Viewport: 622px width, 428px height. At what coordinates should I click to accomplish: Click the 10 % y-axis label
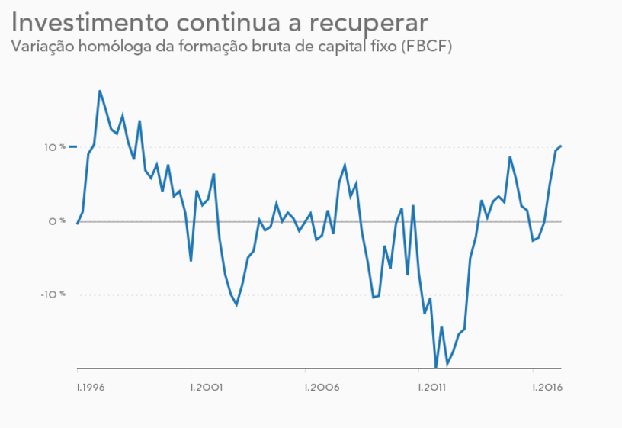tap(55, 147)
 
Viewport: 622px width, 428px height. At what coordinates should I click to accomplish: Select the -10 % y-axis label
tap(53, 294)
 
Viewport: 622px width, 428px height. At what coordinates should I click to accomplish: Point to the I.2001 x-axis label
tap(207, 388)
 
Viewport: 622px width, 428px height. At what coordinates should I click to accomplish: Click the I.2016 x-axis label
tap(547, 388)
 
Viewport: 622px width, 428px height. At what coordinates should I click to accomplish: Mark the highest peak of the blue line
tap(100, 91)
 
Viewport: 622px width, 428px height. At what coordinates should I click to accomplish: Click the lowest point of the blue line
tap(436, 367)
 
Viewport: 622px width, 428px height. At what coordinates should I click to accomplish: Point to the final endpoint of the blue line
tap(561, 146)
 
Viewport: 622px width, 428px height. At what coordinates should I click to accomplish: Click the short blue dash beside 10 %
tap(73, 146)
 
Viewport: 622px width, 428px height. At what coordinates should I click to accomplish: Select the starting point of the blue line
tap(77, 224)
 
